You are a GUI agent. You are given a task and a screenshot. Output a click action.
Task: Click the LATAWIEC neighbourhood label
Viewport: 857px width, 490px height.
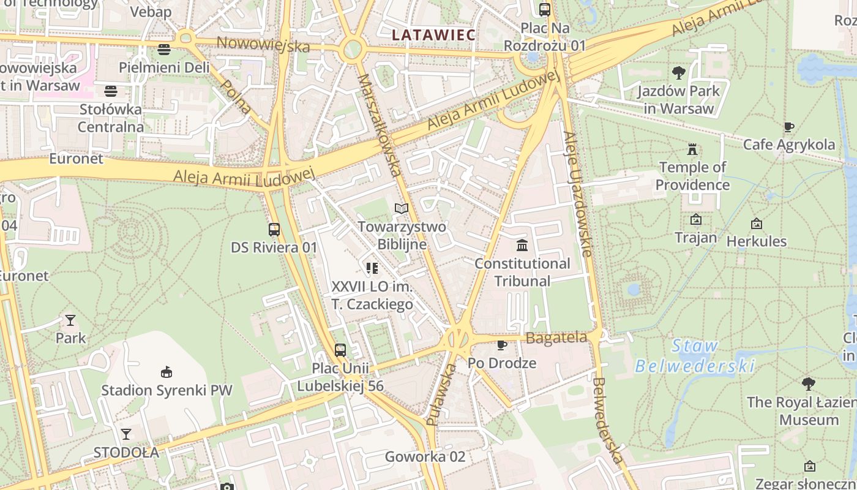click(433, 35)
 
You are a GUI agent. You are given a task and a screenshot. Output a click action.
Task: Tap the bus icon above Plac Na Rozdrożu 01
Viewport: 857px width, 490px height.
click(544, 10)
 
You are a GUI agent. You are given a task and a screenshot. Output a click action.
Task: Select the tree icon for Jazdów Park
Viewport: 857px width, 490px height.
click(678, 73)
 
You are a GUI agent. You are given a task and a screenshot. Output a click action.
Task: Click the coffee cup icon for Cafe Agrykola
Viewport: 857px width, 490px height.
click(789, 127)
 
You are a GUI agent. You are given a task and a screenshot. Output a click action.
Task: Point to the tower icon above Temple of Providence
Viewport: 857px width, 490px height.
click(692, 149)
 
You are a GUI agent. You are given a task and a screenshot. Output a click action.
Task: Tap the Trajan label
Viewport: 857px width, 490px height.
click(695, 237)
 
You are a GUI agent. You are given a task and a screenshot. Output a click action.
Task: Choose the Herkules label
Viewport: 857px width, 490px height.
click(756, 241)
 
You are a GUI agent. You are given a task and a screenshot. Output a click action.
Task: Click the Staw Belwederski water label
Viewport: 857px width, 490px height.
click(694, 356)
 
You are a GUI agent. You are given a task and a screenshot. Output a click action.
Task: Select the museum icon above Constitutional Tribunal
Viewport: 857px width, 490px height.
click(522, 246)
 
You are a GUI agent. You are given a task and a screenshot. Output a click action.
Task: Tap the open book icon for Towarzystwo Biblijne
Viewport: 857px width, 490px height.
click(401, 209)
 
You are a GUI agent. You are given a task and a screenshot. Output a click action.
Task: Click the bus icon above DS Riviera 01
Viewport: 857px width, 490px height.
click(274, 230)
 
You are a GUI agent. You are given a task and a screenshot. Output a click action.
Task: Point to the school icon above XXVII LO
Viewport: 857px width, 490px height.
click(372, 268)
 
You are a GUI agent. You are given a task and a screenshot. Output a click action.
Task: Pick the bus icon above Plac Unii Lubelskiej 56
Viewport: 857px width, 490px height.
click(340, 350)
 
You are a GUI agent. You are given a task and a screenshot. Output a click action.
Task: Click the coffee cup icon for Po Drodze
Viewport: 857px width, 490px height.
click(502, 345)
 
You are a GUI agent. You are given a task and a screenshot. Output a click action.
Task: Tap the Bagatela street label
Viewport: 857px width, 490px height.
click(556, 337)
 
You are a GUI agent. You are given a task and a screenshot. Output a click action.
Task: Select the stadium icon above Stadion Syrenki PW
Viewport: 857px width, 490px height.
click(166, 372)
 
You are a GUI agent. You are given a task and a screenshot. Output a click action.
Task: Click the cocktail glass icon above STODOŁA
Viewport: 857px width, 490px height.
click(126, 434)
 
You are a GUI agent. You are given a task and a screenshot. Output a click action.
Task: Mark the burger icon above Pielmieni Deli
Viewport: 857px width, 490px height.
click(163, 50)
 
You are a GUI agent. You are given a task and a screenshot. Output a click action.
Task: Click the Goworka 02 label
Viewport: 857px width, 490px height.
click(425, 456)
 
